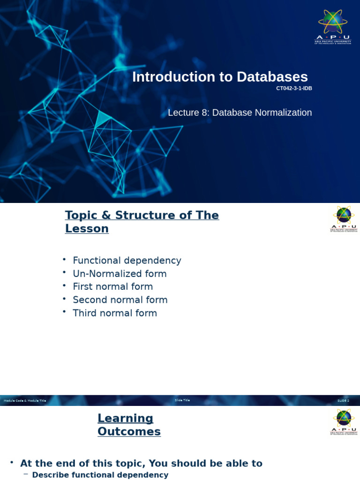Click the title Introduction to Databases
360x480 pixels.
[x=220, y=77]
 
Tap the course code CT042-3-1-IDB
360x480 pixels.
[x=294, y=89]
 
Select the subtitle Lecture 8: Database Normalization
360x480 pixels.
[x=240, y=112]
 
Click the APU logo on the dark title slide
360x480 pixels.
[x=333, y=26]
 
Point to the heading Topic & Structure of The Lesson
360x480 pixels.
[x=142, y=222]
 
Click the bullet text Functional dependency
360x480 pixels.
[x=127, y=261]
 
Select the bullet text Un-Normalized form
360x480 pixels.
[x=120, y=274]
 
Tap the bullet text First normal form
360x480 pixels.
[x=112, y=287]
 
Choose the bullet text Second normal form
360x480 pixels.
[x=120, y=300]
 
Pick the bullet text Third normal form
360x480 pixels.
[x=115, y=313]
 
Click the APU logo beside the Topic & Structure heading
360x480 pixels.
[x=344, y=219]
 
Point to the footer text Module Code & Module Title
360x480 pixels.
[x=25, y=401]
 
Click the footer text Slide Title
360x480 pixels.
[x=182, y=400]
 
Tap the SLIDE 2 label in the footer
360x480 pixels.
[x=344, y=401]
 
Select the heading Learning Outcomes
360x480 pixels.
[x=129, y=425]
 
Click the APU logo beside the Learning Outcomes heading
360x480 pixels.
[x=344, y=422]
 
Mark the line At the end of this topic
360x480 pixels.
[x=141, y=464]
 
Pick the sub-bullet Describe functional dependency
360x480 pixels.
[x=100, y=475]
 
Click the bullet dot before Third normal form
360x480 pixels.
[x=64, y=312]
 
